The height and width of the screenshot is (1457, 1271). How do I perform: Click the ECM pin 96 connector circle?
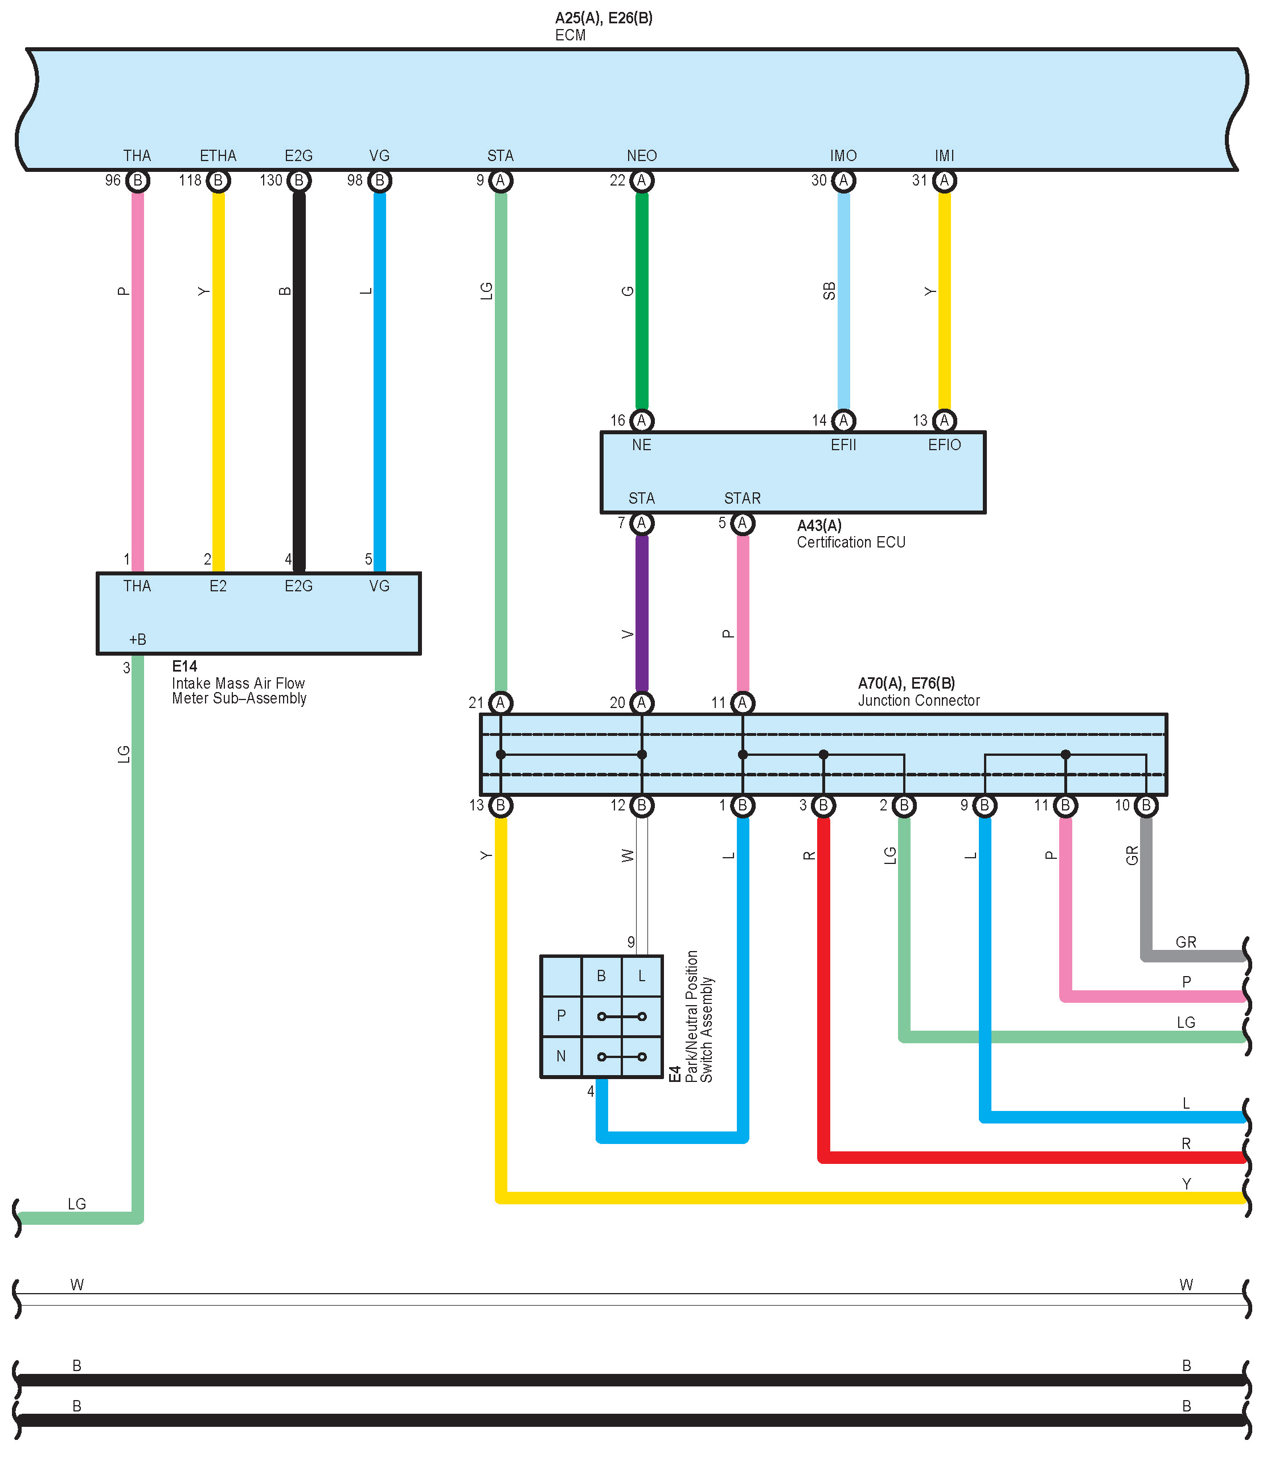tap(138, 181)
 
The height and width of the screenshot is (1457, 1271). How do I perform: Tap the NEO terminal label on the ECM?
tap(641, 156)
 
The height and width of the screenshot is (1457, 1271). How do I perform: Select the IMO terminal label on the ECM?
tap(843, 156)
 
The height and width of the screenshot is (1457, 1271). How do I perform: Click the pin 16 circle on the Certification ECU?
tap(641, 421)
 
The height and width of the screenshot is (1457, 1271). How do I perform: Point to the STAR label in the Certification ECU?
tap(742, 499)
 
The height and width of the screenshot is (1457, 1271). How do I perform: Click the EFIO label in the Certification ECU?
tap(944, 445)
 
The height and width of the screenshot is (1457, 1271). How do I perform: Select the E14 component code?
tap(184, 666)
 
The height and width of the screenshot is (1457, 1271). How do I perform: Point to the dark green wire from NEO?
tap(641, 298)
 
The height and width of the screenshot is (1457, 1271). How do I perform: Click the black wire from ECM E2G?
tap(300, 376)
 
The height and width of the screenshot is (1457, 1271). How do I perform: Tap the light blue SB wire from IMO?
tap(843, 298)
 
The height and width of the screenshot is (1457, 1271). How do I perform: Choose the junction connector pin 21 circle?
tap(501, 703)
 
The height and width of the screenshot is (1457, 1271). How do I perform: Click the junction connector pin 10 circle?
tap(1146, 805)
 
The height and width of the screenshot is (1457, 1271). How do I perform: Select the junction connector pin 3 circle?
tap(823, 805)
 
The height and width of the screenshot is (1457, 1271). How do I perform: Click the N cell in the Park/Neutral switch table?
tap(561, 1056)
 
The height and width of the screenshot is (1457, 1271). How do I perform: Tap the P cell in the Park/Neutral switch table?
tap(561, 1015)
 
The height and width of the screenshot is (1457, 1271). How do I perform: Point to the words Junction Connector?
tap(919, 701)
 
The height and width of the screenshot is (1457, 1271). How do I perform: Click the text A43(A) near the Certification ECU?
tap(819, 525)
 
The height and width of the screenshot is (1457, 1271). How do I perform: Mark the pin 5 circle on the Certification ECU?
tap(742, 523)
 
